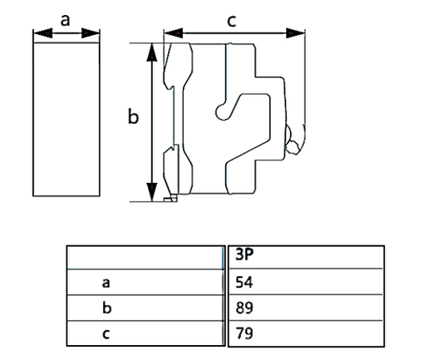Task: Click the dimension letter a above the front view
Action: [65, 20]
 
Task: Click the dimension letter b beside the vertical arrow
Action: [132, 117]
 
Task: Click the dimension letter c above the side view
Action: [232, 21]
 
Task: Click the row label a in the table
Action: [106, 282]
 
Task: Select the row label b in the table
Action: [106, 308]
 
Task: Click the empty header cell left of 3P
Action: [145, 256]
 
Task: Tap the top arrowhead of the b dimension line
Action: [151, 52]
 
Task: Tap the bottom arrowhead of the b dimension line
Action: [151, 193]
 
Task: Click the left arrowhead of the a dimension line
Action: [37, 34]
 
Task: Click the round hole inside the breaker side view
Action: [219, 109]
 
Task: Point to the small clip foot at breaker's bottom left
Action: [170, 199]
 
